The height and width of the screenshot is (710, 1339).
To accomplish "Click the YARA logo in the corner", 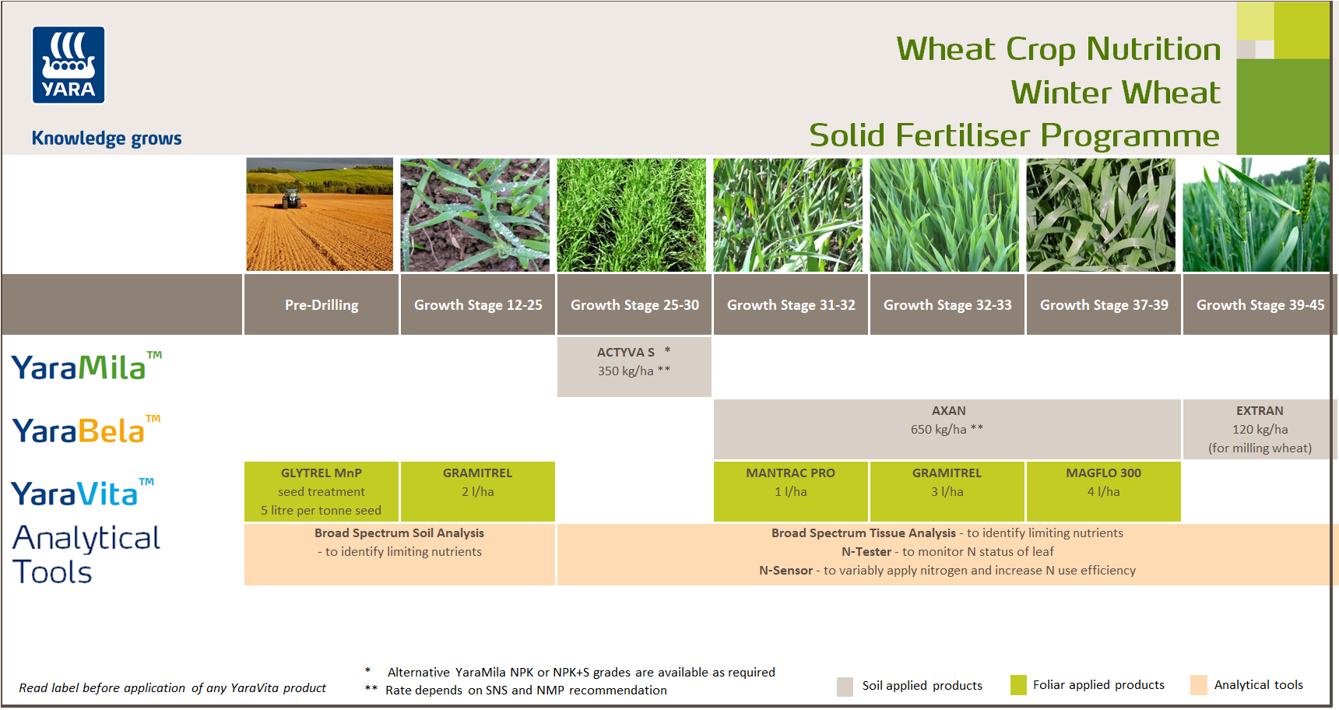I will [x=69, y=65].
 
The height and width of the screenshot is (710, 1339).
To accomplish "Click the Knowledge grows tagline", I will [x=107, y=139].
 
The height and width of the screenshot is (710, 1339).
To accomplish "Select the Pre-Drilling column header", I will [x=322, y=305].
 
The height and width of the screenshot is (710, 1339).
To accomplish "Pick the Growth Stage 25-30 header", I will [x=634, y=305].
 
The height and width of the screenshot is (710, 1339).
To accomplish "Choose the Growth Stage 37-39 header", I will [x=1104, y=305].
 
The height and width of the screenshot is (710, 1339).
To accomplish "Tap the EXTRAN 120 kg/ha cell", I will [x=1260, y=429].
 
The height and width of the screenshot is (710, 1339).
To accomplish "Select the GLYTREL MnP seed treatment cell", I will [x=321, y=491].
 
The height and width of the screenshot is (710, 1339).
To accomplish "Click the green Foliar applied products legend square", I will [x=1018, y=685].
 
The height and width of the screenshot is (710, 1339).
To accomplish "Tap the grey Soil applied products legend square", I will [x=845, y=687].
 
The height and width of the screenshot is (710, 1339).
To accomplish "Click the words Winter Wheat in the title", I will [x=1115, y=93].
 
